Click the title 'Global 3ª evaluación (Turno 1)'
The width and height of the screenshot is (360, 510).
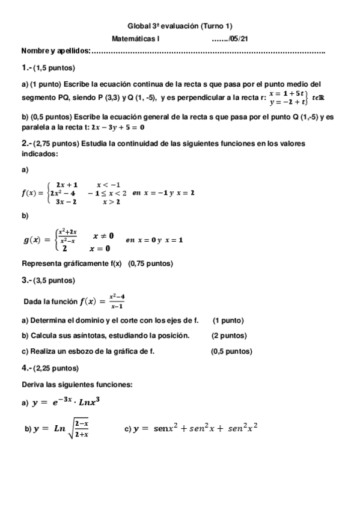click(x=180, y=26)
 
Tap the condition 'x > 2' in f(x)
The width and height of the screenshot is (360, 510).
click(x=111, y=202)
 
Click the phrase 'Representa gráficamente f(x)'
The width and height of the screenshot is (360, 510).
click(x=72, y=263)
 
